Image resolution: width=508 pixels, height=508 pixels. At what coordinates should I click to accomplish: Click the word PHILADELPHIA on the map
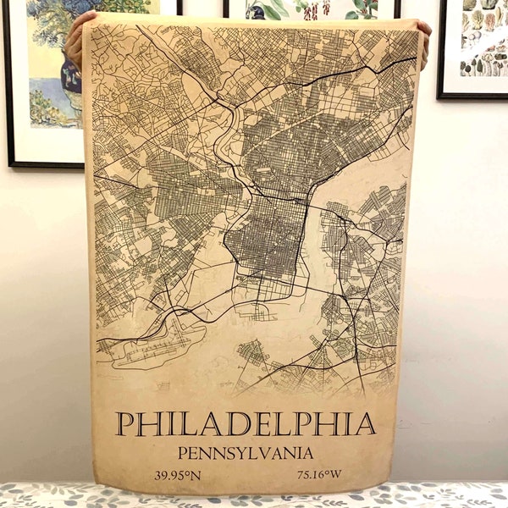click(x=246, y=423)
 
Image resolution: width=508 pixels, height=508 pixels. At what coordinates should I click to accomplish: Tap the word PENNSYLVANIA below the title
click(x=246, y=453)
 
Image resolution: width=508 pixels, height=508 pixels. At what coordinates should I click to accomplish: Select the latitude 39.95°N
click(x=177, y=475)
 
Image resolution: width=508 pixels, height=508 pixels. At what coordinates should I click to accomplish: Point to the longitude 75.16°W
click(x=319, y=475)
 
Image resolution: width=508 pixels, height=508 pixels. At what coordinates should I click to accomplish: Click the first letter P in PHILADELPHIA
click(x=124, y=423)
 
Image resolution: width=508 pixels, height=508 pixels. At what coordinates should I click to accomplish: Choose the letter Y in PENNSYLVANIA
click(x=252, y=453)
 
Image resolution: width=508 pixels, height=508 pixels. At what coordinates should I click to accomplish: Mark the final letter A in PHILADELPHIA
click(x=366, y=423)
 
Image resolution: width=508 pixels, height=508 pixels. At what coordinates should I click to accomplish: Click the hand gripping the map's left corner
click(x=76, y=38)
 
